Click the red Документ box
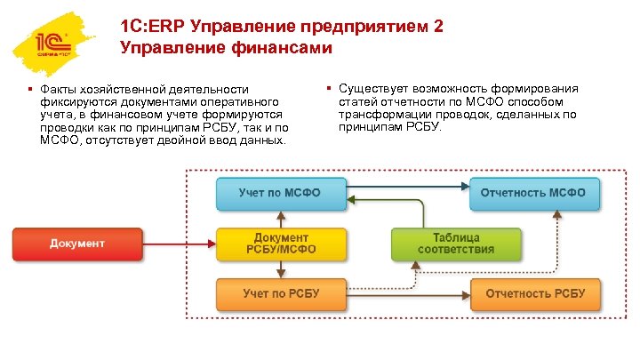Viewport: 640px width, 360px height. tap(76, 244)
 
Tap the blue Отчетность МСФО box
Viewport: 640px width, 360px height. tap(533, 193)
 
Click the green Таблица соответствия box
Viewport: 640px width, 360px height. tap(457, 244)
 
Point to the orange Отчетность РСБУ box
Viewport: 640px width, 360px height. tap(533, 293)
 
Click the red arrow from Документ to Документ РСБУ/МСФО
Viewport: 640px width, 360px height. tap(178, 240)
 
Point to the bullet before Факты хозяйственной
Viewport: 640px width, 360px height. tap(30, 89)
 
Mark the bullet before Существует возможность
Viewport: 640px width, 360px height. tap(328, 89)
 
